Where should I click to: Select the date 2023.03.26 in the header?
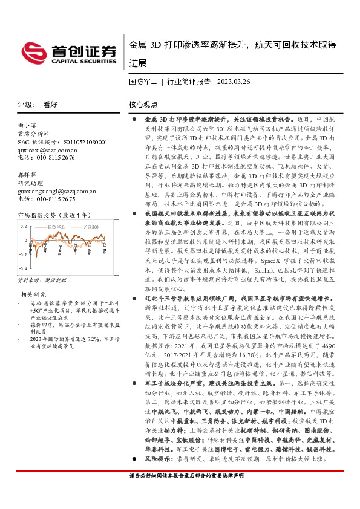[x=233, y=81]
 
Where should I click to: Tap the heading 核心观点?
[x=143, y=104]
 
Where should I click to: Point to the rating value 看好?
[x=50, y=104]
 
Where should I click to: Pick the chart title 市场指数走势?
[x=36, y=215]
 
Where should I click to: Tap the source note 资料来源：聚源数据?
[x=41, y=280]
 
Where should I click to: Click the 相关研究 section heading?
[x=33, y=293]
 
